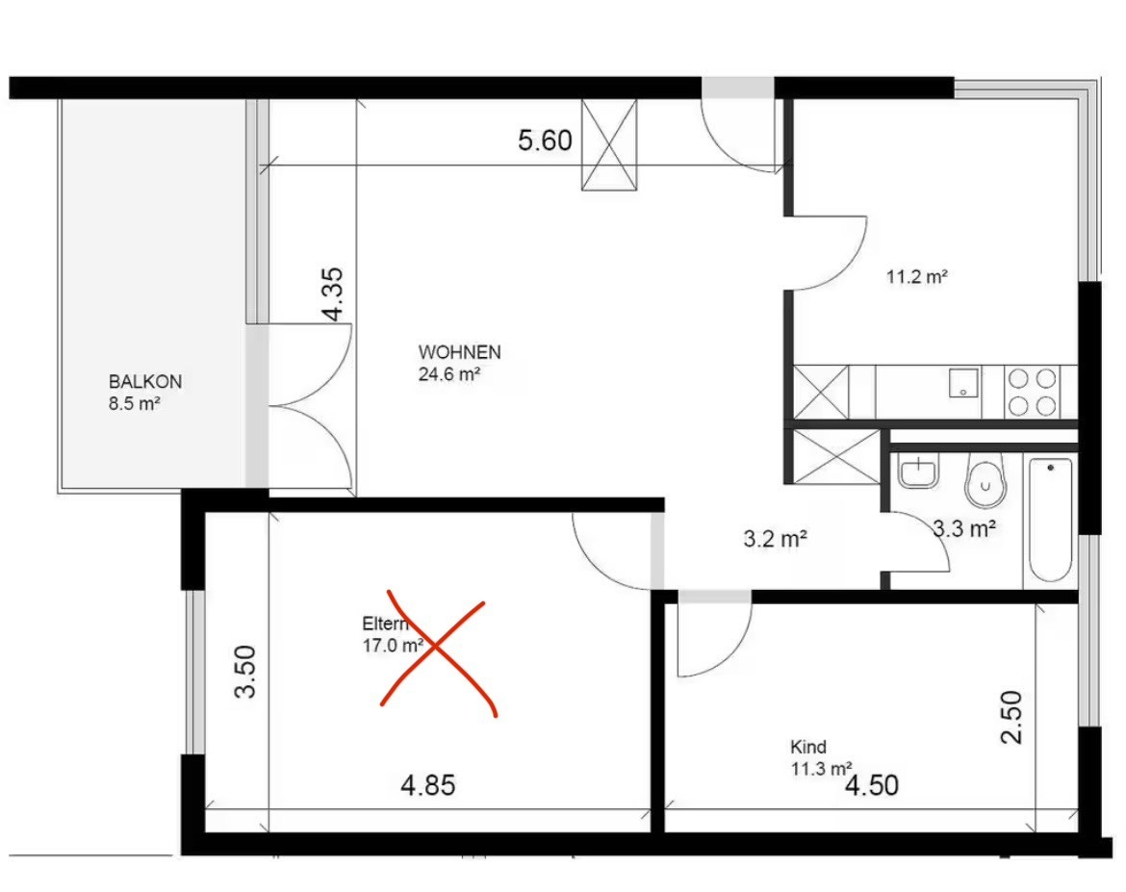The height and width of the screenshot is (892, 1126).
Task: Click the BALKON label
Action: (x=145, y=381)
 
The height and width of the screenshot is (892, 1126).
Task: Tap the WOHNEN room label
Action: (x=460, y=352)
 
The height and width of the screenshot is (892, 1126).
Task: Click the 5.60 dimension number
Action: (x=545, y=140)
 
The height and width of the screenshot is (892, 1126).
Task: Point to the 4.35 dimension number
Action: (x=333, y=294)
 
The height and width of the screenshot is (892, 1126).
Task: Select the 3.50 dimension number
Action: (x=245, y=672)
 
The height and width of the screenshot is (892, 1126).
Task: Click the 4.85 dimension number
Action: (x=428, y=785)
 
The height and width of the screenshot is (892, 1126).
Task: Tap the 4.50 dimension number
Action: (x=872, y=785)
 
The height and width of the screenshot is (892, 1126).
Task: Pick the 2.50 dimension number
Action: (x=1011, y=717)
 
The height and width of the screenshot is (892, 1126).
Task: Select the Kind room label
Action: (x=808, y=747)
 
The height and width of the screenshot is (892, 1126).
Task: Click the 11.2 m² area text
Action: (x=917, y=276)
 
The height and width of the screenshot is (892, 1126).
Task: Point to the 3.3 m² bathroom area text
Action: (x=964, y=529)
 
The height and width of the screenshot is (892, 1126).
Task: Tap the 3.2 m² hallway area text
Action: (x=776, y=539)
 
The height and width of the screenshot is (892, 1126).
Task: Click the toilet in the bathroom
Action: (x=985, y=480)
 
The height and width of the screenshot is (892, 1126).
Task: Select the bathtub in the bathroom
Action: (x=1051, y=520)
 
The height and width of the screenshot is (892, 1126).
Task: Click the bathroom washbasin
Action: (x=918, y=471)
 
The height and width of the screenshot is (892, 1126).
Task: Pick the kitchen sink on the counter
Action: (x=963, y=383)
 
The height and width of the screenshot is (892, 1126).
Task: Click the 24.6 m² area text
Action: (x=449, y=374)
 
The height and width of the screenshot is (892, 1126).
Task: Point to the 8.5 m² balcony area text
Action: (x=135, y=403)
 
